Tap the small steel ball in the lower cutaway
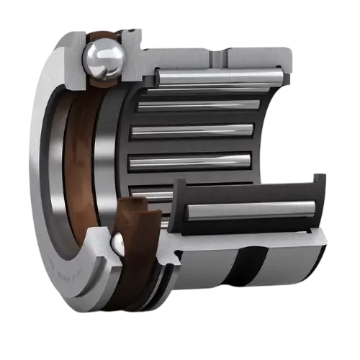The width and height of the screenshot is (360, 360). coord(117,245)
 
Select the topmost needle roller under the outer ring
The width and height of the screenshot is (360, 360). coord(216,76)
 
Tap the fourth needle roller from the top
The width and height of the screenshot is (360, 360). coord(191,158)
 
